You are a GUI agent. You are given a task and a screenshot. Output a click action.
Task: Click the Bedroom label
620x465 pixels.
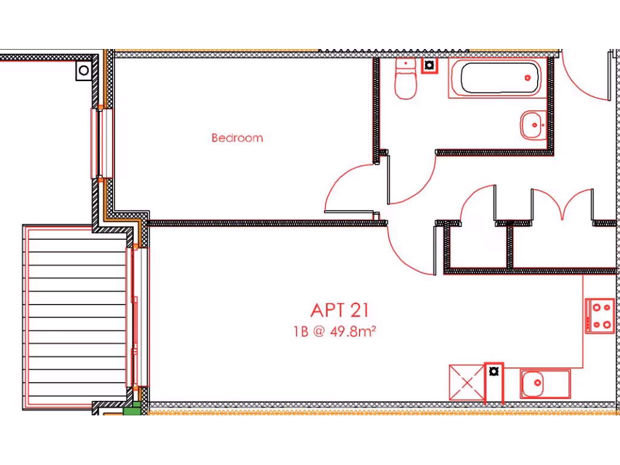pos(237,138)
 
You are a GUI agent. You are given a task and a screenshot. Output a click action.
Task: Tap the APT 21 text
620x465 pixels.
pos(339,310)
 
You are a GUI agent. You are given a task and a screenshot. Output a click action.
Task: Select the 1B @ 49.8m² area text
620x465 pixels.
pos(335,331)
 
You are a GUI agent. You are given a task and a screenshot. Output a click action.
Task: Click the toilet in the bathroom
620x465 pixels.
pos(406,80)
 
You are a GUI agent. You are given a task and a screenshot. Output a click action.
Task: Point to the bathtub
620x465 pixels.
pos(499,77)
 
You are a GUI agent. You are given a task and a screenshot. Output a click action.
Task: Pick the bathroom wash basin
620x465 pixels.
pos(533,125)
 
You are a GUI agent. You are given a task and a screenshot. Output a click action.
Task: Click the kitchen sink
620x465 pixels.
pos(544,384)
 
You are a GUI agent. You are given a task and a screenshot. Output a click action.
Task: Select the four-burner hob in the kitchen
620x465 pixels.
pos(600,315)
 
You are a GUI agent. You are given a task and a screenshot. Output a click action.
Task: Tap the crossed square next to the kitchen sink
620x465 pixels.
pos(467,382)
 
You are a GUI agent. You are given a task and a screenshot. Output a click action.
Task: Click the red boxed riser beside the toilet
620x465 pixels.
pos(429,65)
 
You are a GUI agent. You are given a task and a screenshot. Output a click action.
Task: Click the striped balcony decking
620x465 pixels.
pos(76,317)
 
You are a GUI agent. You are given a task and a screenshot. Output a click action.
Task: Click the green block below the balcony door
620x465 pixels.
pos(131,409)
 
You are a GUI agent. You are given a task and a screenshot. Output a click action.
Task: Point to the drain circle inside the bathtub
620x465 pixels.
pos(527,77)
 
